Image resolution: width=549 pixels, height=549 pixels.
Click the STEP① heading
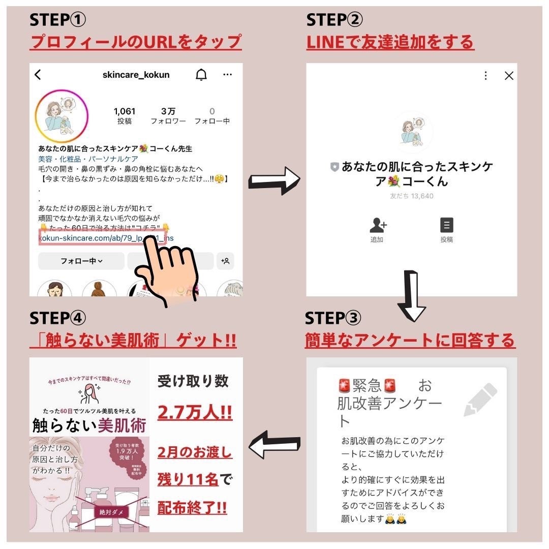click(58, 20)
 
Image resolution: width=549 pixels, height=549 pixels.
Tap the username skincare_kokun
click(136, 75)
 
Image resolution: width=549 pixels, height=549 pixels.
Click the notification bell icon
click(201, 75)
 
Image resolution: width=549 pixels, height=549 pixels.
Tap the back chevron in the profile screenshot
click(38, 75)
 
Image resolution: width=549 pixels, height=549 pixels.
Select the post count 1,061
click(125, 111)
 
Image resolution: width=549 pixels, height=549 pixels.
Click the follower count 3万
click(168, 111)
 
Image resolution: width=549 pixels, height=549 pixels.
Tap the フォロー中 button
click(81, 261)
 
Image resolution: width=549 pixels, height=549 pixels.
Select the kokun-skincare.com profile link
click(102, 237)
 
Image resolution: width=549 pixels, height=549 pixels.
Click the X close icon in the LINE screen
click(508, 76)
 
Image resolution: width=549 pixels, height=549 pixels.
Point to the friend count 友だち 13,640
click(411, 196)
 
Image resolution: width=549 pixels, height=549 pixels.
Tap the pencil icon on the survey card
click(480, 399)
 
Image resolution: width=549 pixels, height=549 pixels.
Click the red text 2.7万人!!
click(195, 412)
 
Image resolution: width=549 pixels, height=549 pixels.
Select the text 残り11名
click(188, 479)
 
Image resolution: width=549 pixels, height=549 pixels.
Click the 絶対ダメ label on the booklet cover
click(110, 512)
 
